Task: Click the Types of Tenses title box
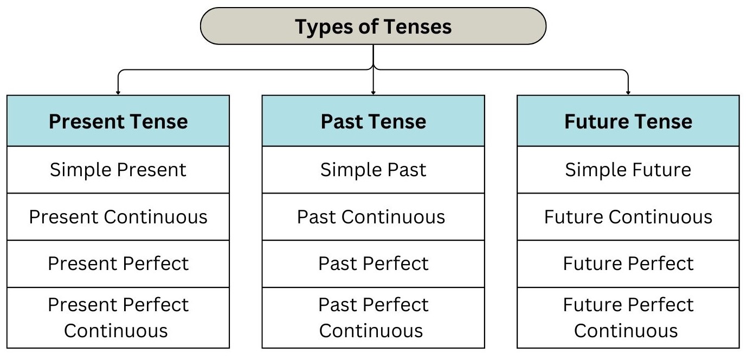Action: [x=373, y=26]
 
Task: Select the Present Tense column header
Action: [x=118, y=121]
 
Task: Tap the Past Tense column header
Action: [x=373, y=121]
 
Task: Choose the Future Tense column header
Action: [x=628, y=121]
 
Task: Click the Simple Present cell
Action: [x=118, y=170]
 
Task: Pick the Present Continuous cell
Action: [x=118, y=217]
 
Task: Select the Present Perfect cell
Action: [x=118, y=264]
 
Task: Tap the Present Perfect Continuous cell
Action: [x=118, y=318]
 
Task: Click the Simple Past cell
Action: [x=373, y=170]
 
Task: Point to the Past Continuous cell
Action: [x=373, y=217]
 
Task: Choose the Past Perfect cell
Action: [x=373, y=264]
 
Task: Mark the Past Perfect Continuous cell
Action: [x=373, y=318]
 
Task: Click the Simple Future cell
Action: [x=628, y=170]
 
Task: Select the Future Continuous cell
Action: [x=628, y=217]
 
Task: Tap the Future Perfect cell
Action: [x=628, y=264]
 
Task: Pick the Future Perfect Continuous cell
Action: [x=628, y=318]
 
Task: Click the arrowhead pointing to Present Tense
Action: [x=118, y=92]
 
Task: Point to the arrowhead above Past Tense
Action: [x=373, y=92]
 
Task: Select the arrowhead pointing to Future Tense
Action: [x=628, y=92]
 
